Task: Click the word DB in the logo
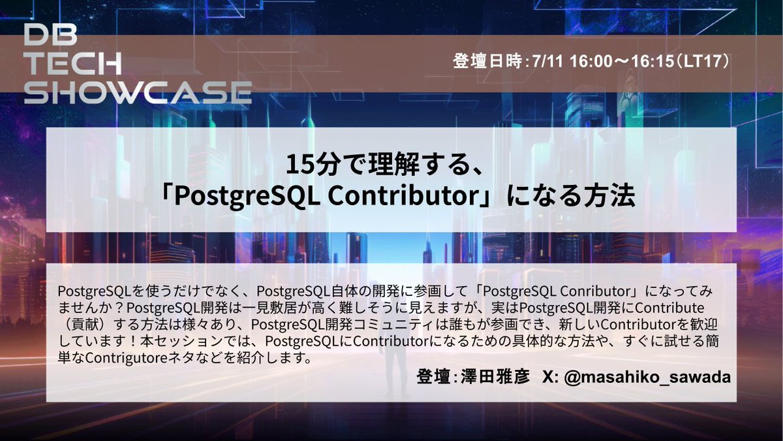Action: coord(51,35)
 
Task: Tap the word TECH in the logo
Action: coord(73,64)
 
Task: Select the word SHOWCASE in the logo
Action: coord(138,93)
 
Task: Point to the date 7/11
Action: coord(547,61)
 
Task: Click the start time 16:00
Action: coord(591,61)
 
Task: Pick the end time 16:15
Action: coord(653,61)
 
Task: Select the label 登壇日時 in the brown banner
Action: coord(487,61)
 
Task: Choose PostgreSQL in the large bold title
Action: coord(247,197)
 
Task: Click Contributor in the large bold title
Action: coord(403,196)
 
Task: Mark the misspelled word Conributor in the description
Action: coord(595,291)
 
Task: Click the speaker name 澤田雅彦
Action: coord(495,376)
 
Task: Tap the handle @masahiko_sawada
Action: coord(647,378)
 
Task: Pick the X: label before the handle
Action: coord(550,377)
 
